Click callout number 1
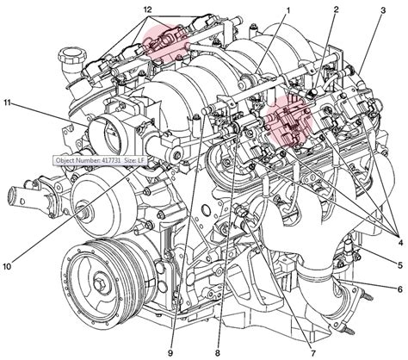tap(288, 9)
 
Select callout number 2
tap(336, 9)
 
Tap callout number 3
tap(382, 9)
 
